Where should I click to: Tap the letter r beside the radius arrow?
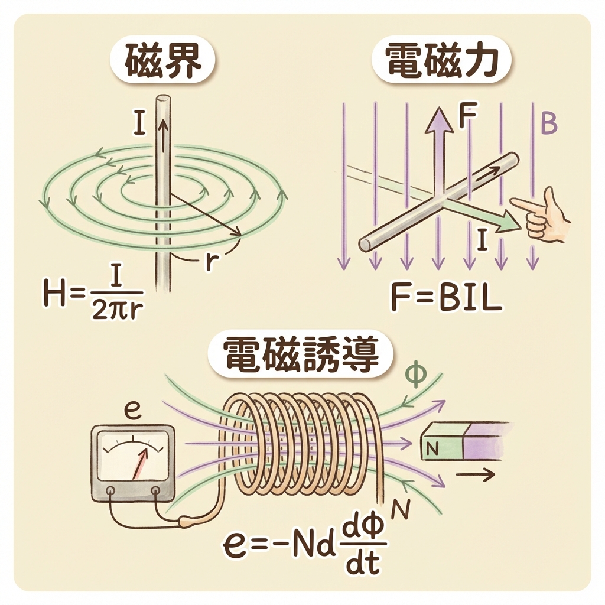pyautogui.click(x=209, y=262)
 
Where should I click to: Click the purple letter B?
pyautogui.click(x=549, y=125)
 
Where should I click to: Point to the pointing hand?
pyautogui.click(x=544, y=216)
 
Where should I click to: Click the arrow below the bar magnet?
pyautogui.click(x=474, y=475)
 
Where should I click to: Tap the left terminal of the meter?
pyautogui.click(x=110, y=490)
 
